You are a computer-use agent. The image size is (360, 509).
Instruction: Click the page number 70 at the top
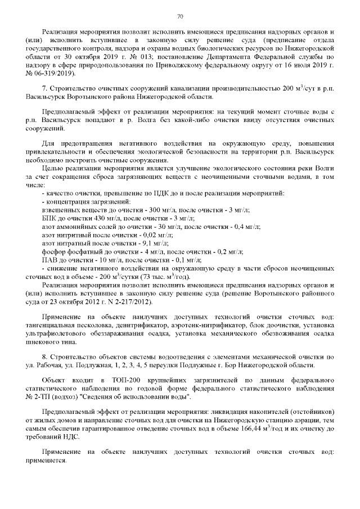point(180,15)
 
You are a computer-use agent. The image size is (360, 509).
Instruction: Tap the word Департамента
point(217,57)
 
